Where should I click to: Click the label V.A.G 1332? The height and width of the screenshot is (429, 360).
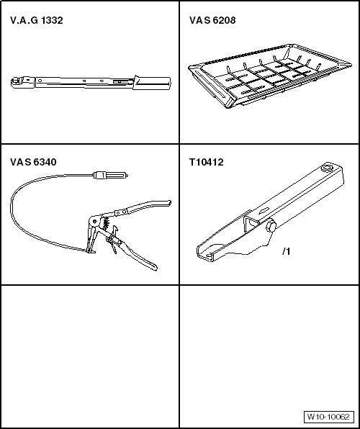(37, 20)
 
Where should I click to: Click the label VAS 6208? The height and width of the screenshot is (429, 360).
(212, 20)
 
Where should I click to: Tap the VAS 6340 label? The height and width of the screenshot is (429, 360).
(33, 162)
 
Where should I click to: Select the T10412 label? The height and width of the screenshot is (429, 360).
(207, 162)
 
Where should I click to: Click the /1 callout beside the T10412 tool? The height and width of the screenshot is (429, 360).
(286, 251)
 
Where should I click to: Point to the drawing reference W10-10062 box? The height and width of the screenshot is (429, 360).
(328, 417)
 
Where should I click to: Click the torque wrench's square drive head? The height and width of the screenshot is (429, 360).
(17, 81)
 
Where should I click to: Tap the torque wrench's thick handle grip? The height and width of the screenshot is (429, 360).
(152, 83)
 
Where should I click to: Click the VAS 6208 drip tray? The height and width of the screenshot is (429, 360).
(270, 76)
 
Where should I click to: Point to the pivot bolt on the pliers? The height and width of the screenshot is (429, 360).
(95, 221)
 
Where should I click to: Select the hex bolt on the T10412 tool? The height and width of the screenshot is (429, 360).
(271, 226)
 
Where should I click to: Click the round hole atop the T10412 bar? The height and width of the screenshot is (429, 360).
(327, 168)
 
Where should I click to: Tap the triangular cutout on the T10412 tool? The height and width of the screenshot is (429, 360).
(251, 224)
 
